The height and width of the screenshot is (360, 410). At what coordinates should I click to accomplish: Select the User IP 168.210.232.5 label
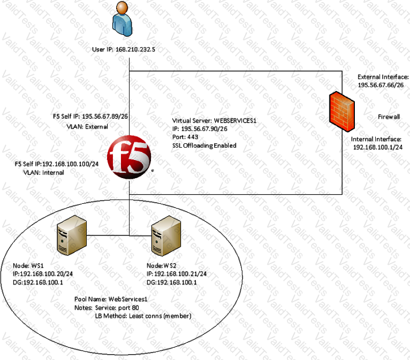[127, 50]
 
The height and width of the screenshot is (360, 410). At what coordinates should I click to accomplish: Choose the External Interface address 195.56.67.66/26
[382, 86]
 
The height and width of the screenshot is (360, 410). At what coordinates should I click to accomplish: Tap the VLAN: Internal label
[43, 173]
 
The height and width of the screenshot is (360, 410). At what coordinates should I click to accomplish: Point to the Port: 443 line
[187, 137]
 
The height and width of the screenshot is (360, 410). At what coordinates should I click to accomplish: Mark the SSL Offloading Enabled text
[204, 145]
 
